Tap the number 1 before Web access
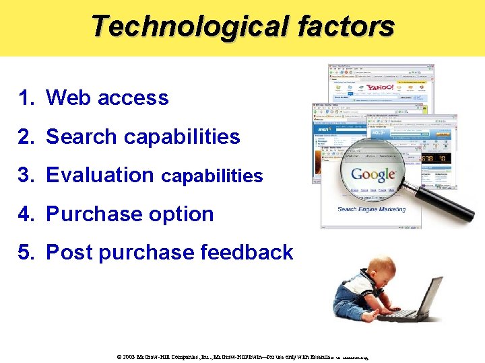(x=25, y=98)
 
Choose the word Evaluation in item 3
(x=100, y=175)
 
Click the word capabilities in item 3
(x=212, y=177)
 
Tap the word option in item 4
(x=183, y=214)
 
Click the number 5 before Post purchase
(x=25, y=253)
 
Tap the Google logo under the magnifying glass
(x=373, y=175)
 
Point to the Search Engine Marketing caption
(x=372, y=209)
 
